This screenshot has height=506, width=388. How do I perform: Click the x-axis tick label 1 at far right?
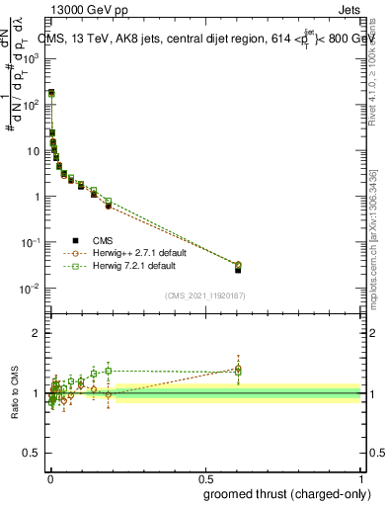click(x=362, y=478)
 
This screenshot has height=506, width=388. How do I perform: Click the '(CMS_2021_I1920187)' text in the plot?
click(x=204, y=295)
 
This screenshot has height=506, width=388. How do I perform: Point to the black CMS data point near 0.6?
click(x=238, y=270)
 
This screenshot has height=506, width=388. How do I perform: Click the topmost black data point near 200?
click(x=51, y=93)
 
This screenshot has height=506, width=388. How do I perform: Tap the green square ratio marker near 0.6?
click(x=238, y=372)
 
